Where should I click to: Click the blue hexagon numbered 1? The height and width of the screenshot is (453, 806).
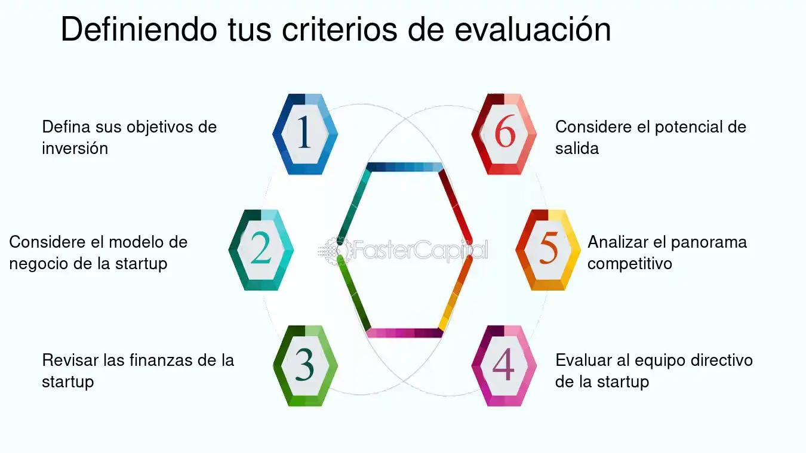click(304, 134)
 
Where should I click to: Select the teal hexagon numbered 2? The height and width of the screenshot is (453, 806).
click(261, 250)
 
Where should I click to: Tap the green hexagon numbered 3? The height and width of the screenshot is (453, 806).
click(305, 366)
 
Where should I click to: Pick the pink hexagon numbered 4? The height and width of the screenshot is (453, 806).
click(504, 366)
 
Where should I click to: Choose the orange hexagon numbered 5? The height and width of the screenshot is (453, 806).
click(548, 250)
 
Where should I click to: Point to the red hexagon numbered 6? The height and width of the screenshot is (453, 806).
click(504, 134)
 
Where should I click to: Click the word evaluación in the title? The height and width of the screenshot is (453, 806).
click(533, 29)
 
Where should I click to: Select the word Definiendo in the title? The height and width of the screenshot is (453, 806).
click(139, 29)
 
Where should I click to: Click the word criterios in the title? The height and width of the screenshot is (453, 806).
click(339, 29)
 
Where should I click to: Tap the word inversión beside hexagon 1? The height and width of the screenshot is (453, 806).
click(75, 148)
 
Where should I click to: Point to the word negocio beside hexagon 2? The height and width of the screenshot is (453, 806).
click(38, 264)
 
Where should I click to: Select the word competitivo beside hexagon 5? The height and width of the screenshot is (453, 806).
click(630, 264)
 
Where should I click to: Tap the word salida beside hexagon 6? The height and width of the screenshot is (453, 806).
click(577, 148)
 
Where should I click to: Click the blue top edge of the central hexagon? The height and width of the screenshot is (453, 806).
click(405, 167)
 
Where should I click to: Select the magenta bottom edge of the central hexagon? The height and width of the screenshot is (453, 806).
click(405, 333)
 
